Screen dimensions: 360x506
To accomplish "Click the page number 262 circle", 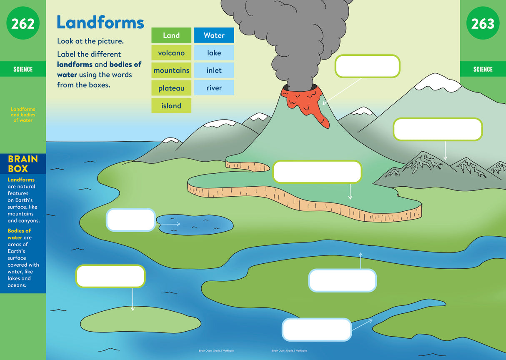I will [23, 24].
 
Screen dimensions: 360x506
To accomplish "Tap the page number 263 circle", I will [483, 24].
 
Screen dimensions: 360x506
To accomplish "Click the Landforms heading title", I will [100, 22].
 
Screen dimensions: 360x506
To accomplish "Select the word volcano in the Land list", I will [171, 53].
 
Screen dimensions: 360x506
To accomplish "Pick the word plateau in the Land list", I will [171, 88].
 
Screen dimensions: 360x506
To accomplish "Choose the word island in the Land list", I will [171, 106].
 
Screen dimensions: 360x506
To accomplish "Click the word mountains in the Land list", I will [171, 70].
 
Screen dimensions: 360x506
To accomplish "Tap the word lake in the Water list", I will [214, 53].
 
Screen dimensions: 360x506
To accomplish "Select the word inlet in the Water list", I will [214, 70].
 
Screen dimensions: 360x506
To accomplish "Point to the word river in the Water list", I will [214, 88].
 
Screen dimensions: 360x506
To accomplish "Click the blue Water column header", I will [214, 35].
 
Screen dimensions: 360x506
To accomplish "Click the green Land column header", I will [171, 35].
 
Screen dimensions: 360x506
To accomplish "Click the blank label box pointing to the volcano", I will [367, 66].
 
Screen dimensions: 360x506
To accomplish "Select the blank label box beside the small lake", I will [131, 220].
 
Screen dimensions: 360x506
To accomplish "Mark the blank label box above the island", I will [110, 276].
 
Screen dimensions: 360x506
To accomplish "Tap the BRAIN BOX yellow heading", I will [23, 164].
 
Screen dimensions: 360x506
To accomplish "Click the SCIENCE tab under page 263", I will [483, 69].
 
